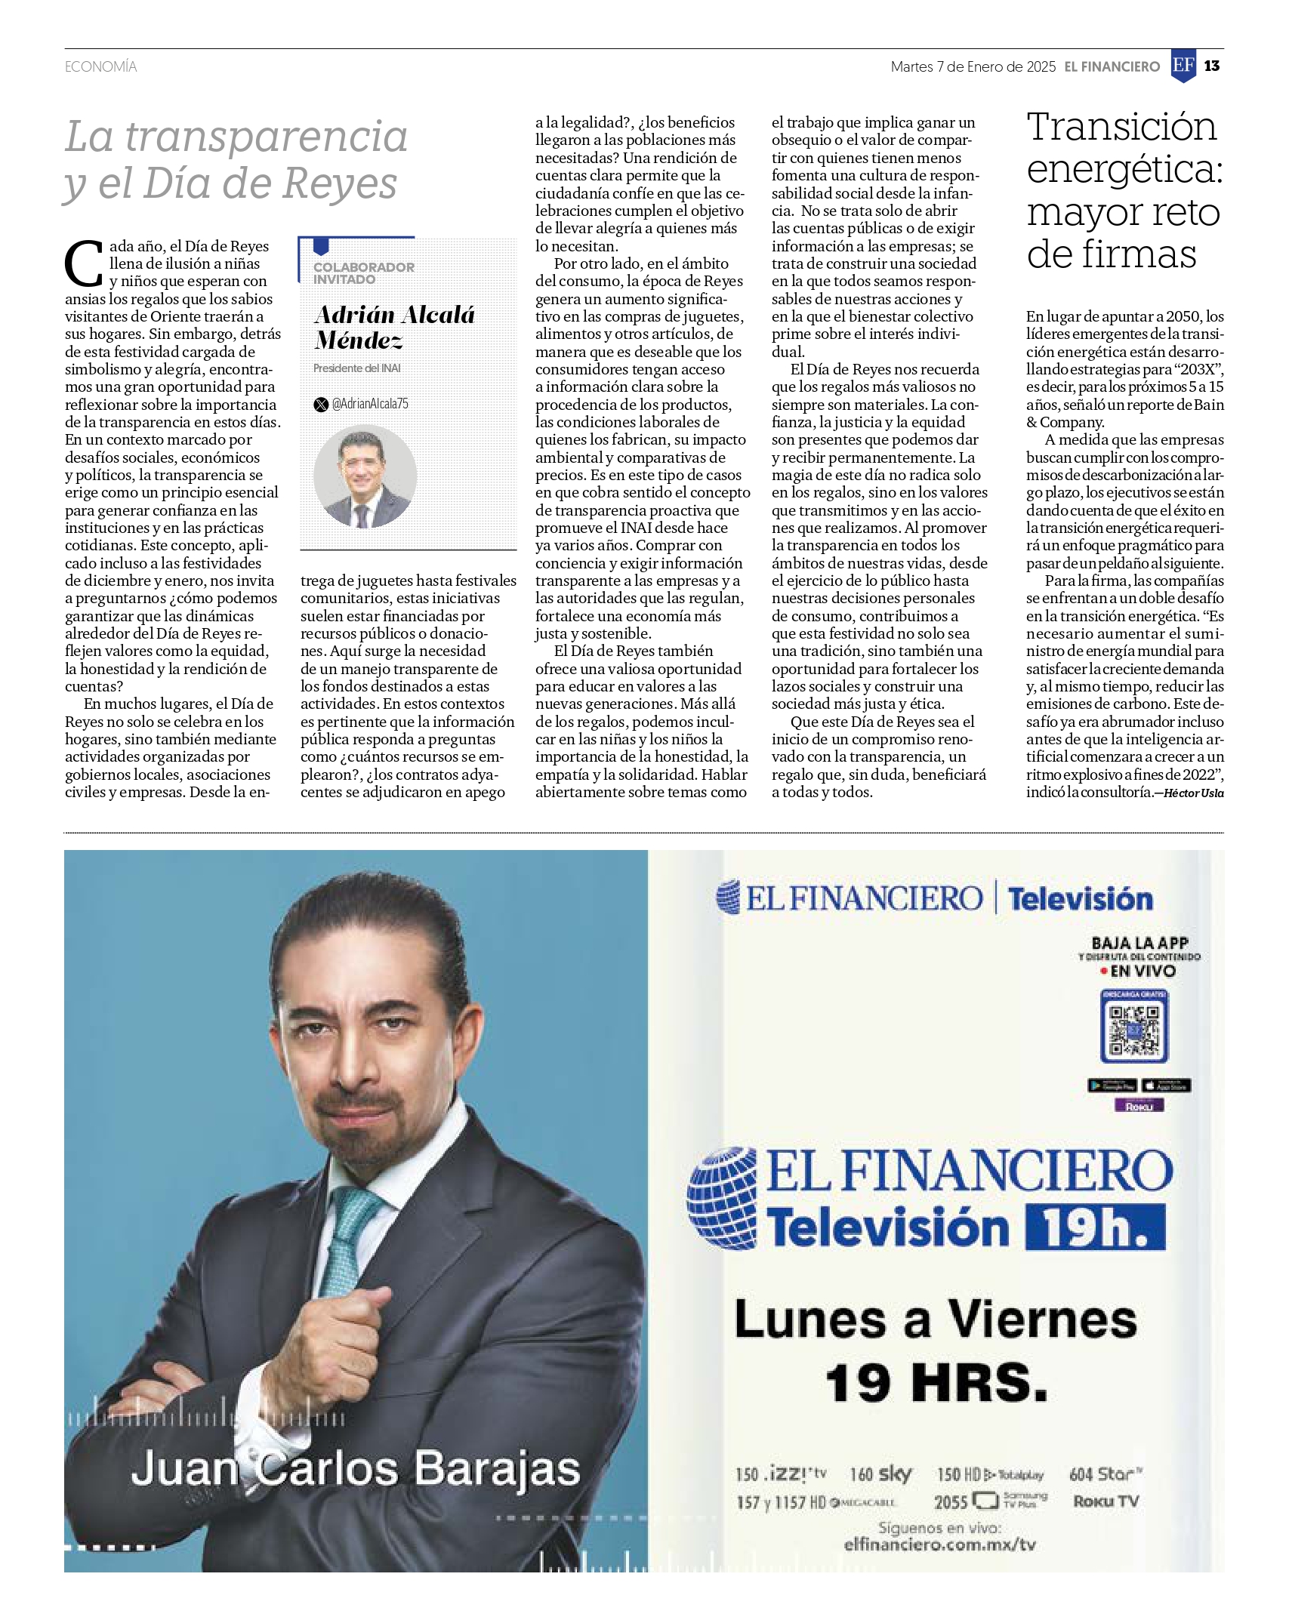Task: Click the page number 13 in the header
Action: (1212, 66)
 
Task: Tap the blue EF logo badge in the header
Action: (1183, 66)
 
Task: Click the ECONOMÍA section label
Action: (100, 67)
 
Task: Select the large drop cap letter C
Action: (84, 263)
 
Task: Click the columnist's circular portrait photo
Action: (365, 476)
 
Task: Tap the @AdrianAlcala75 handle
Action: (370, 404)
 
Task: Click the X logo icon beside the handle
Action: (321, 404)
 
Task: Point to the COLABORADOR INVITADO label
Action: (364, 273)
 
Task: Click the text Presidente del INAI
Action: (357, 368)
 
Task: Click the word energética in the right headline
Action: (1124, 168)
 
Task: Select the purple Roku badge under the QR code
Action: (1139, 1106)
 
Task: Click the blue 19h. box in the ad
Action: (1095, 1227)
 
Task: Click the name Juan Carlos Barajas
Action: (355, 1469)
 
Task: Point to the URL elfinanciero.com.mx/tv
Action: (939, 1544)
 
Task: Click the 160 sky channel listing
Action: (880, 1474)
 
